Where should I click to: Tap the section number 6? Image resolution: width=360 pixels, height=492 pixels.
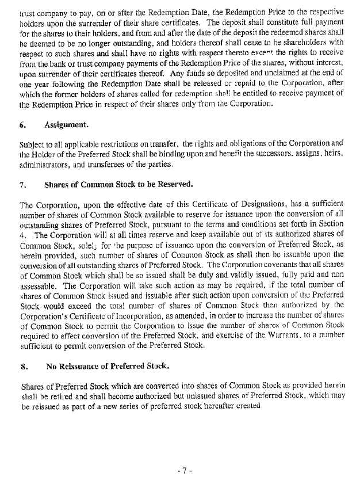click(x=22, y=123)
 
